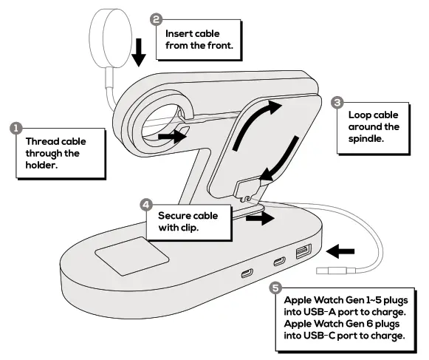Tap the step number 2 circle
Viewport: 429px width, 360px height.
(157, 19)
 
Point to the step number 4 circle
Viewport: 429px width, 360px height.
(146, 203)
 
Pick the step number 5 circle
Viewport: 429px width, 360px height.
(275, 289)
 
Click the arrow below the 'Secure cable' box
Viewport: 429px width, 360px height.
(259, 220)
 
